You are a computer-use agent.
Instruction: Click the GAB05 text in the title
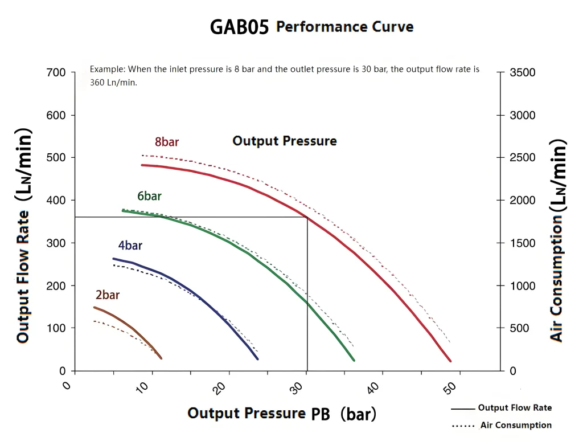coord(239,27)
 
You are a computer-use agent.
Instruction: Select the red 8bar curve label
coord(167,142)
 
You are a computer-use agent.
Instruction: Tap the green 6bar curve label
coord(149,196)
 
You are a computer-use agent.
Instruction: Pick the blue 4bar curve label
coord(130,246)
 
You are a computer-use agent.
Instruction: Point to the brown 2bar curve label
coord(108,295)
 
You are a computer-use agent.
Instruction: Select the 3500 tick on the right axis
coord(522,73)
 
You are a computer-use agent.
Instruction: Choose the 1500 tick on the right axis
coord(522,243)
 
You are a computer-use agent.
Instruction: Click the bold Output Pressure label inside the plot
coord(284,141)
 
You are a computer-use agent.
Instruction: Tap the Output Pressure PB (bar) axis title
coord(282,414)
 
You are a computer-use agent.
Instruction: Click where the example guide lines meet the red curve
coord(307,217)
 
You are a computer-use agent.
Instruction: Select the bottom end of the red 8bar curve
coord(450,361)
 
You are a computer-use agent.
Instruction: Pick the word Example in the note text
coord(107,69)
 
